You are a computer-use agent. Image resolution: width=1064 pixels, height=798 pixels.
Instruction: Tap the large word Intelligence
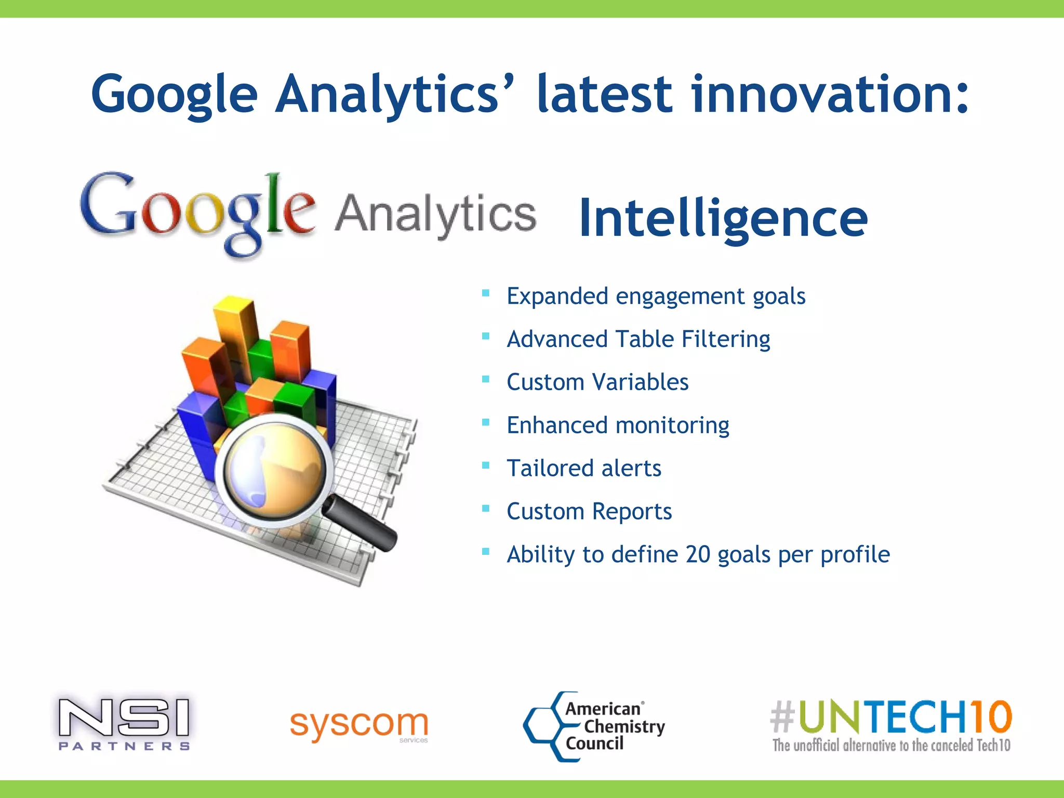pos(723,218)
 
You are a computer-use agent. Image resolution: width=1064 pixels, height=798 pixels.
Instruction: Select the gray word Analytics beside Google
pos(435,214)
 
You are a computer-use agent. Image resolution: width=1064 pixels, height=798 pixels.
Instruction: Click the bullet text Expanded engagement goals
pos(656,296)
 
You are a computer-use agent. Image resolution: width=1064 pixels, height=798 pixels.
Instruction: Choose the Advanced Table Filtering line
pos(638,339)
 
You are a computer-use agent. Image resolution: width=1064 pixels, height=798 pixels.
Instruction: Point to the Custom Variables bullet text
pos(597,382)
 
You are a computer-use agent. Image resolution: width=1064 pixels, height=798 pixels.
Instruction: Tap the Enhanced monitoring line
pos(618,425)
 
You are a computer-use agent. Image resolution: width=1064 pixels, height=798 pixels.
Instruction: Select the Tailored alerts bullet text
pos(584,469)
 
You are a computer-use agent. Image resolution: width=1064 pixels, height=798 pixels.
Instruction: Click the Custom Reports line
pos(589,512)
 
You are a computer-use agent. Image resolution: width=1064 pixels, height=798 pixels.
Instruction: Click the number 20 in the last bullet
pos(698,554)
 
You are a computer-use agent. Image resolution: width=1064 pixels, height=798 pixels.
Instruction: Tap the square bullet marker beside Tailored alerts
pos(486,465)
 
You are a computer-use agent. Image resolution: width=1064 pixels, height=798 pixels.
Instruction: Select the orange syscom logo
pos(359,725)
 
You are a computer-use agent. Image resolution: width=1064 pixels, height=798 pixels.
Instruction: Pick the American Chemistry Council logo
pos(594,726)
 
